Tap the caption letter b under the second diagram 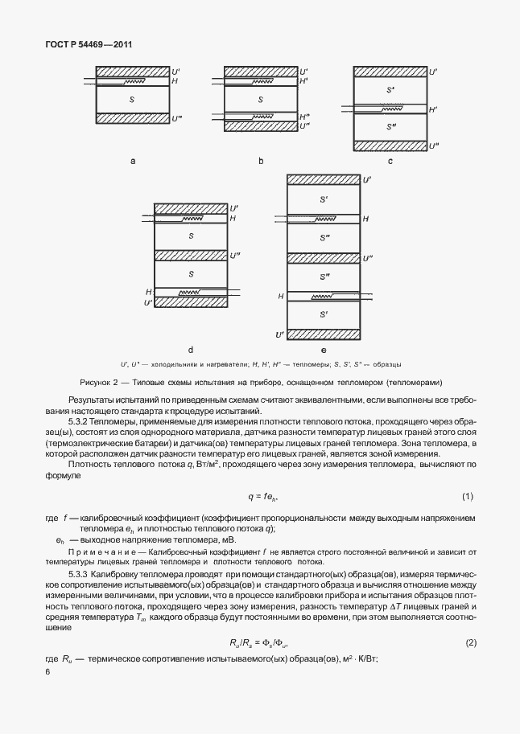pyautogui.click(x=261, y=162)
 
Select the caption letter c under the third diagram pyautogui.click(x=390, y=162)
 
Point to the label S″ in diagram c pyautogui.click(x=391, y=127)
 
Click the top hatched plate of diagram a pyautogui.click(x=132, y=72)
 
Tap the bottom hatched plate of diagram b pyautogui.click(x=261, y=127)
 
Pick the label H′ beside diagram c pyautogui.click(x=433, y=109)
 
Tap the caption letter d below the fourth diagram pyautogui.click(x=191, y=350)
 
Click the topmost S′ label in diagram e pyautogui.click(x=324, y=197)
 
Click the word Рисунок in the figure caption pyautogui.click(x=99, y=381)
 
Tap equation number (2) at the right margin pyautogui.click(x=467, y=643)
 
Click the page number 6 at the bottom pyautogui.click(x=47, y=672)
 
